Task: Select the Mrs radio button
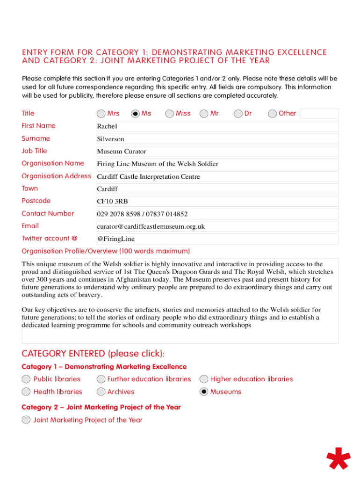pos(101,114)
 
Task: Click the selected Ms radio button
pos(136,114)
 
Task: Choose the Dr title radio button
pos(238,114)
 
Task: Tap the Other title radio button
pos(273,114)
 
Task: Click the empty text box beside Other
pos(319,114)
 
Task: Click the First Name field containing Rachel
pos(217,126)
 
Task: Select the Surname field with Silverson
pos(217,139)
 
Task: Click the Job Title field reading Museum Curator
pos(217,152)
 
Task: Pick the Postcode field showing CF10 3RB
pos(217,202)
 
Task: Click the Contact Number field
pos(217,214)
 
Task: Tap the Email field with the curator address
pos(217,227)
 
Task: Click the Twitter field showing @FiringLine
pos(217,239)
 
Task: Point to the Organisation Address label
pos(56,176)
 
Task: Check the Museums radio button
pos(204,392)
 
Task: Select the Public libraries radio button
pos(26,379)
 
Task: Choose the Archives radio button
pos(101,392)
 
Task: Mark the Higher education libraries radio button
pos(204,379)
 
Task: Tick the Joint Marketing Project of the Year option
pos(26,420)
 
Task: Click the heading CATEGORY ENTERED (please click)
pos(93,353)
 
